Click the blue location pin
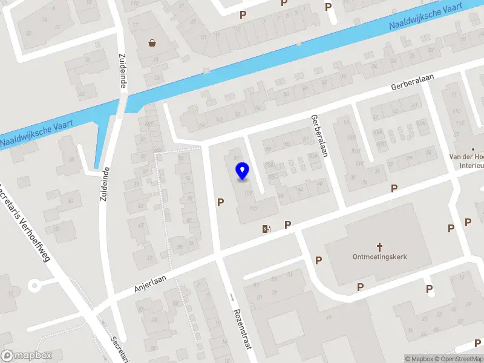(x=243, y=171)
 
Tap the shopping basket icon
(x=152, y=42)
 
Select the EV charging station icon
(x=266, y=228)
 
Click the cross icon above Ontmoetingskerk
(x=380, y=246)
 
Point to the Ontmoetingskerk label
(x=380, y=257)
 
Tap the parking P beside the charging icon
(x=287, y=224)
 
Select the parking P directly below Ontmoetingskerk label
(x=360, y=286)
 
